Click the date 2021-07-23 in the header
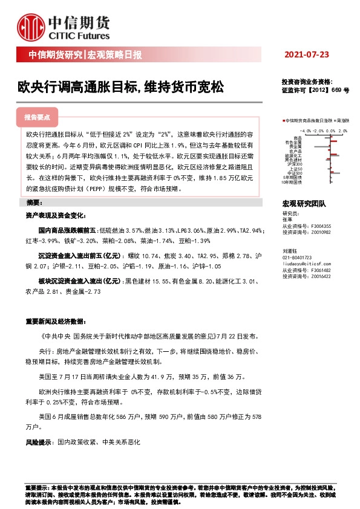click(306, 55)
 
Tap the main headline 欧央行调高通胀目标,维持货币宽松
click(120, 87)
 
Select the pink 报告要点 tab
click(41, 117)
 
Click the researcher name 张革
click(287, 219)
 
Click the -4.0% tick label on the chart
click(304, 130)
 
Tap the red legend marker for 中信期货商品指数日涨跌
click(283, 121)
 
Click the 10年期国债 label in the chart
click(293, 181)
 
